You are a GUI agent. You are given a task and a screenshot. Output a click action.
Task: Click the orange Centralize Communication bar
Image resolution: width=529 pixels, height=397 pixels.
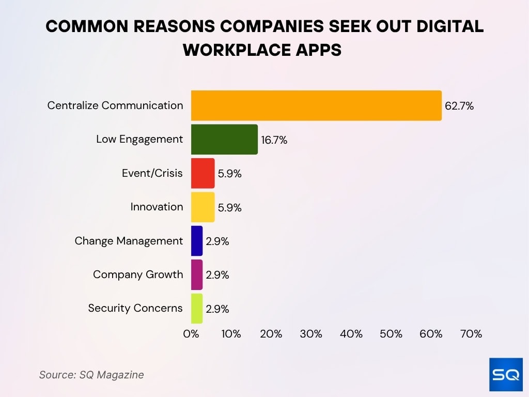pos(316,105)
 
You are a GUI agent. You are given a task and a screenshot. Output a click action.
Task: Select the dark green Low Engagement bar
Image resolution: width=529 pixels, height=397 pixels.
pos(224,139)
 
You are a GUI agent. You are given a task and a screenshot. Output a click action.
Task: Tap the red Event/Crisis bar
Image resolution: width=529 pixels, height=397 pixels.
pos(203,173)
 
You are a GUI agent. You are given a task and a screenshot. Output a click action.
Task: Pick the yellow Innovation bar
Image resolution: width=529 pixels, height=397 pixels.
pos(203,207)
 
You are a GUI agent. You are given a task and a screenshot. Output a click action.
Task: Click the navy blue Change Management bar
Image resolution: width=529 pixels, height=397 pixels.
pos(197,241)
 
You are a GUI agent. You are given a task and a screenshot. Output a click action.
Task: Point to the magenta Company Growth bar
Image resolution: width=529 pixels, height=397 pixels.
pos(197,274)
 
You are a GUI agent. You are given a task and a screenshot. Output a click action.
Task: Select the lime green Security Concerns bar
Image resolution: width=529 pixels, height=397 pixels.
pos(197,309)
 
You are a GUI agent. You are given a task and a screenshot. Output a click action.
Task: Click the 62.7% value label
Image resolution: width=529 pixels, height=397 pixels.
pos(459,106)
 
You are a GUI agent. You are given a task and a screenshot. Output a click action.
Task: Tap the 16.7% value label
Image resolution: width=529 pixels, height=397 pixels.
pos(274,140)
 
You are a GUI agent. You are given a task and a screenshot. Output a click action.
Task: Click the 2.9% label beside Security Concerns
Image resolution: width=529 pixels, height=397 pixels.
pos(217,309)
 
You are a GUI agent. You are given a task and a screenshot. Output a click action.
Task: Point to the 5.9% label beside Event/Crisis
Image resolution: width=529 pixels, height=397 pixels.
pos(229,174)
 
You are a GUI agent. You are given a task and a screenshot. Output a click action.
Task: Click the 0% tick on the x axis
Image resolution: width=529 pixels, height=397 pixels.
pos(191,334)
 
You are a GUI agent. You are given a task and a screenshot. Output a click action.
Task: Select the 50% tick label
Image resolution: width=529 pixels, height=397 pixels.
pos(391,334)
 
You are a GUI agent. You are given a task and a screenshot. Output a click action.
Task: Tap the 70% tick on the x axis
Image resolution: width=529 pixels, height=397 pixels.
pos(471,334)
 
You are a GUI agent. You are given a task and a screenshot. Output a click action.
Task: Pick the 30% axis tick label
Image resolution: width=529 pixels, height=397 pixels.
pos(311,334)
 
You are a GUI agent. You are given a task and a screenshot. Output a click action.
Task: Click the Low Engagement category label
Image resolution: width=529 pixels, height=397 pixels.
pos(139,139)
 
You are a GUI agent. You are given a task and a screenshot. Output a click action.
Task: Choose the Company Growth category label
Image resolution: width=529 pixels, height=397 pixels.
pos(138,274)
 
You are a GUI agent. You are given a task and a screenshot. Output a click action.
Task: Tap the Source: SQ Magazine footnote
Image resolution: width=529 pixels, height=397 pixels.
pos(91,375)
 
